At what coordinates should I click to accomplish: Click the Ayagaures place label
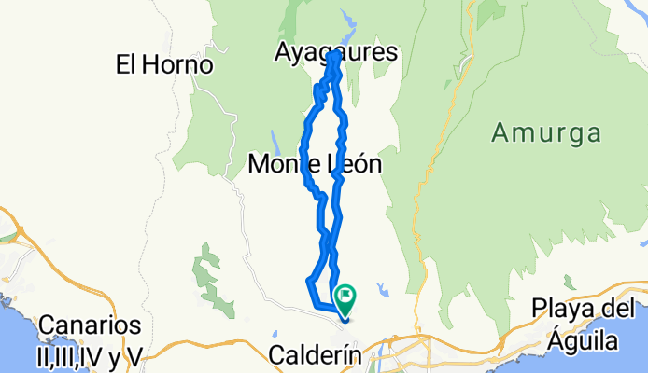click(x=336, y=53)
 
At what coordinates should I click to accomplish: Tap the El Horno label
click(x=164, y=64)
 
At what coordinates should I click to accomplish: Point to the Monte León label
click(x=316, y=165)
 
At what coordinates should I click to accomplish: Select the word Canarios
click(x=90, y=326)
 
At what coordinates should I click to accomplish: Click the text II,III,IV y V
click(x=90, y=354)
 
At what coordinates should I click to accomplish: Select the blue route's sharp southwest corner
click(x=309, y=279)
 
